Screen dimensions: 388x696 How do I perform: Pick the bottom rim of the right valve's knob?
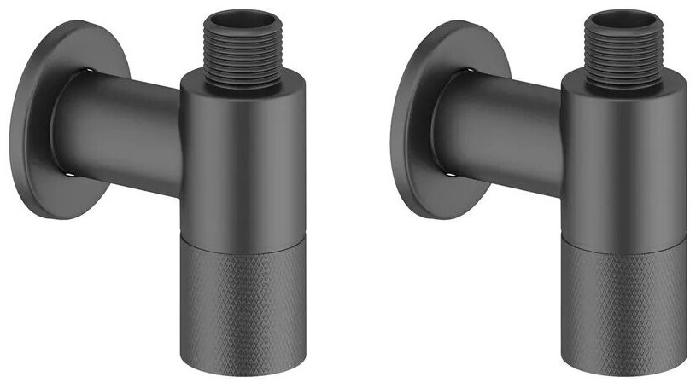coord(623,375)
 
